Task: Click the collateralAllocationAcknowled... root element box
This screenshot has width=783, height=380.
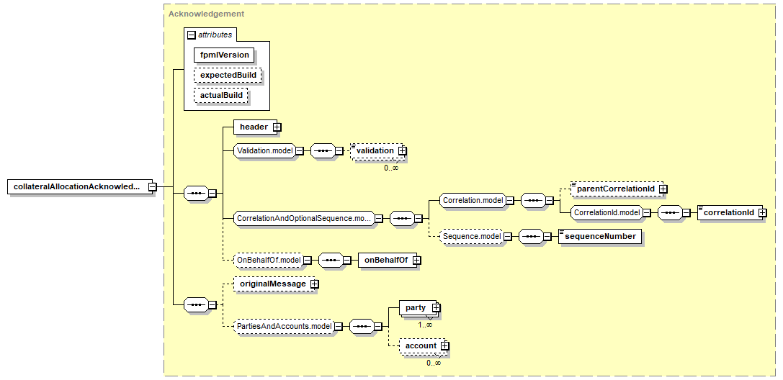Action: click(77, 187)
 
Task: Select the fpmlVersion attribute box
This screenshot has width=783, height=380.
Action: click(225, 55)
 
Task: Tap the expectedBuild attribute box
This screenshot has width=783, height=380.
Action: click(228, 75)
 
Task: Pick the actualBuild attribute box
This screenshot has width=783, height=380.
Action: click(221, 95)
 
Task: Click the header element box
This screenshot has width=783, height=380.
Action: click(254, 127)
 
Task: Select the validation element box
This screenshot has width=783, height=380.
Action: click(375, 151)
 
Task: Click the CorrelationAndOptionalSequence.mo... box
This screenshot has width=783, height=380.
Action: click(303, 218)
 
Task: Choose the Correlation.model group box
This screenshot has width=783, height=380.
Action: click(472, 200)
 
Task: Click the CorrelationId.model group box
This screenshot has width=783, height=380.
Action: click(606, 213)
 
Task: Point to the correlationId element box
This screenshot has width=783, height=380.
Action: click(728, 213)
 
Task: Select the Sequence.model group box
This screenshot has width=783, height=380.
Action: click(471, 236)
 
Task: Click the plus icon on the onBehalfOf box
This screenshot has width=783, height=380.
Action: click(416, 261)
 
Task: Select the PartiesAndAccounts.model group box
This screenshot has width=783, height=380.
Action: click(285, 327)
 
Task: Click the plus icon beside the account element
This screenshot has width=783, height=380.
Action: click(444, 346)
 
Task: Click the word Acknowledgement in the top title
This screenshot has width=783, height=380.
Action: click(206, 14)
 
